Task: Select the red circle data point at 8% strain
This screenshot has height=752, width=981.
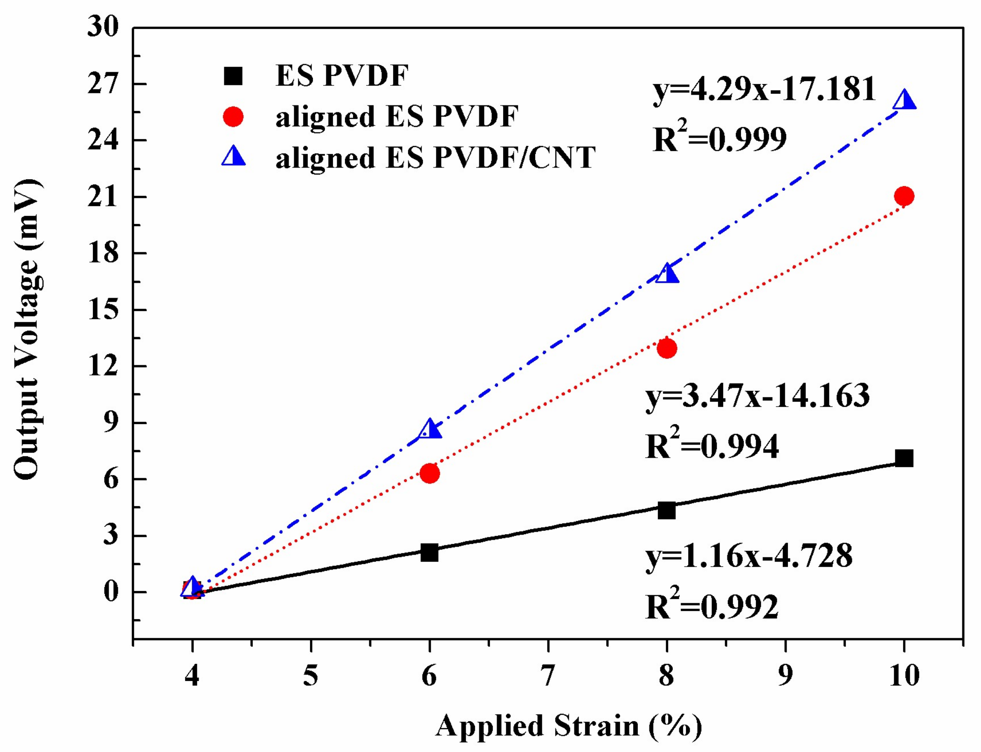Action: pyautogui.click(x=666, y=348)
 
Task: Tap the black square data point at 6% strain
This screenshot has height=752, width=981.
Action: pyautogui.click(x=429, y=552)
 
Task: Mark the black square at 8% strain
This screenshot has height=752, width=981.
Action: pyautogui.click(x=666, y=510)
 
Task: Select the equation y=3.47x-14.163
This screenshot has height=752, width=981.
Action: pyautogui.click(x=757, y=396)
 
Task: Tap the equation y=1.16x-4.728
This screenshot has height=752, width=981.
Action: pyautogui.click(x=749, y=556)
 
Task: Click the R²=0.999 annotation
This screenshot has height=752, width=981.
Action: pyautogui.click(x=720, y=139)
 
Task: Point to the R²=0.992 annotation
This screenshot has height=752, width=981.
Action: pyautogui.click(x=712, y=607)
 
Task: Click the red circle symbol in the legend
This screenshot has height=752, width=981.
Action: pyautogui.click(x=233, y=117)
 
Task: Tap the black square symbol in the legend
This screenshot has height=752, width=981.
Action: pyautogui.click(x=233, y=76)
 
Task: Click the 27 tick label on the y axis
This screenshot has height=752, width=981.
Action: pyautogui.click(x=103, y=84)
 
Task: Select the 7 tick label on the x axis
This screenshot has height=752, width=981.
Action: pyautogui.click(x=548, y=675)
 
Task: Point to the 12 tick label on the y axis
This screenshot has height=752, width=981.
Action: pyautogui.click(x=103, y=367)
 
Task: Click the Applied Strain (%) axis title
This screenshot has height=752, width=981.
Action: pyautogui.click(x=568, y=726)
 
